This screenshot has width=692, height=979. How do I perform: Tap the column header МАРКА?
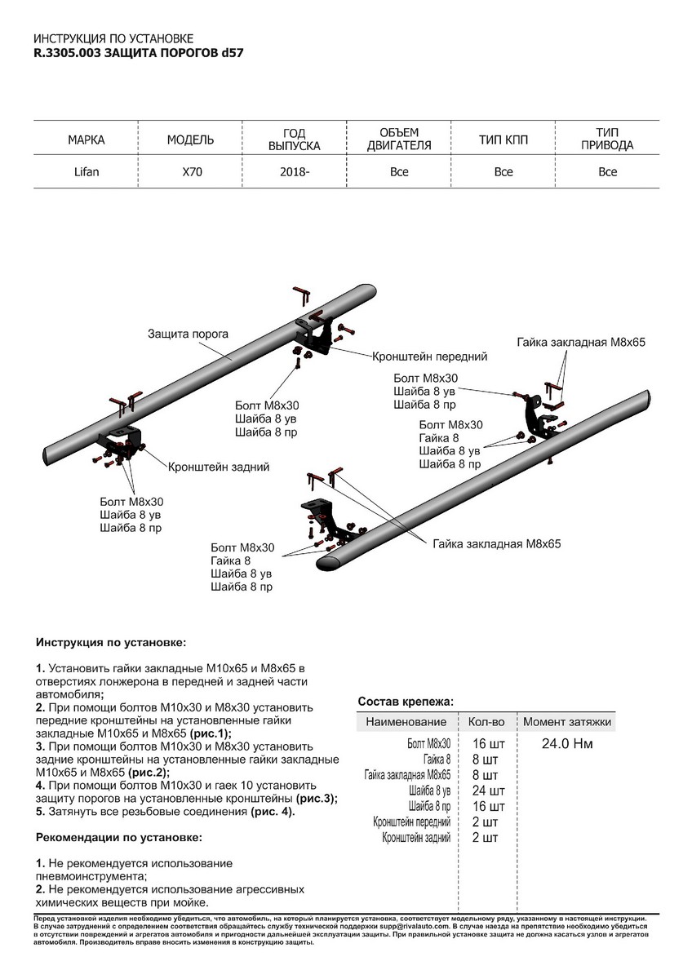pos(86,140)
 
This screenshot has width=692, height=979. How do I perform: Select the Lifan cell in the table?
pos(86,172)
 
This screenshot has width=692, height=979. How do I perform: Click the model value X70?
pos(190,172)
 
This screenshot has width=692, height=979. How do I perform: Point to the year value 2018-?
pos(295,172)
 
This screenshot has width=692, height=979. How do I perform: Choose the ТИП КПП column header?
pos(503,140)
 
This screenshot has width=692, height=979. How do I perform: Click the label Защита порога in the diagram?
pos(188,334)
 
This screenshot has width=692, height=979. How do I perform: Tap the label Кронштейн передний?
pos(429,357)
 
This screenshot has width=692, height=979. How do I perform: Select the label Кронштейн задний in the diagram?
pos(219,467)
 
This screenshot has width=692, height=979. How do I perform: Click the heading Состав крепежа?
pos(406,702)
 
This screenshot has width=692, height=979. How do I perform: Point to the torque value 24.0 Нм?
pos(566,744)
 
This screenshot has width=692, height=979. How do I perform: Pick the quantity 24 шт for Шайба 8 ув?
pos(489,791)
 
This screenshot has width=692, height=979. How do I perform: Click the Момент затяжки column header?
pos(567,722)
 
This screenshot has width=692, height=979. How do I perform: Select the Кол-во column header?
pos(486,722)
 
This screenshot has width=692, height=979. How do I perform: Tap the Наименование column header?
pos(406,722)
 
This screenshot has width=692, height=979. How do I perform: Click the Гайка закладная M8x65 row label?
pos(407,775)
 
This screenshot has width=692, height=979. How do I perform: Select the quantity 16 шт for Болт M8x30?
pos(489,744)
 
